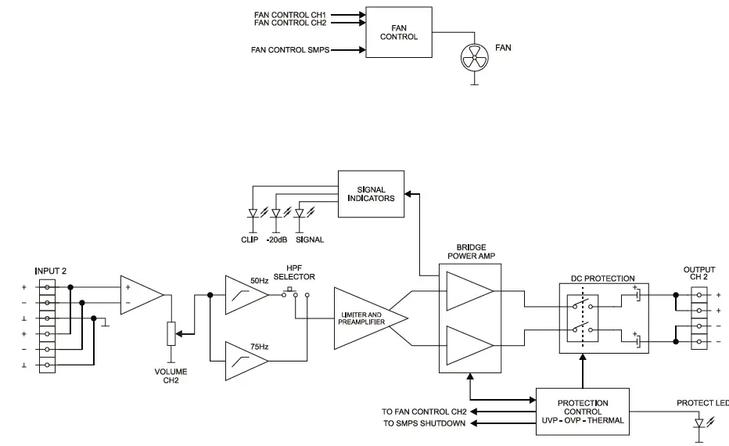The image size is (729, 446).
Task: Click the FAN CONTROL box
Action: (x=399, y=32)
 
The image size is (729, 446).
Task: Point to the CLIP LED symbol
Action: (x=253, y=213)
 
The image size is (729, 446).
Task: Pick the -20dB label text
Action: (x=276, y=239)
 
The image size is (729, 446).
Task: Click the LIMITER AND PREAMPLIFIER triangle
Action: (x=366, y=318)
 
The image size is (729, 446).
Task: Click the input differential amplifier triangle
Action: (x=139, y=294)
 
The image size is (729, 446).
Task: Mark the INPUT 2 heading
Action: (x=50, y=271)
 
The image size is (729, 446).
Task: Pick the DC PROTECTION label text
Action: (x=603, y=279)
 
